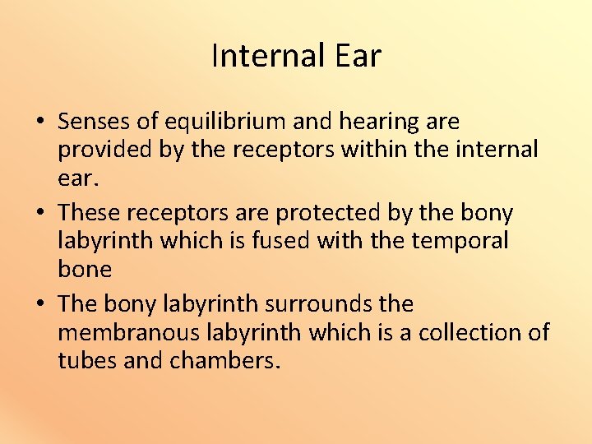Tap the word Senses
(95, 122)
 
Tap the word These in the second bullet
(90, 213)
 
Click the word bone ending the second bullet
(85, 269)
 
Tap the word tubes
(86, 361)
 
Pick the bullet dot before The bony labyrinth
(40, 305)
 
